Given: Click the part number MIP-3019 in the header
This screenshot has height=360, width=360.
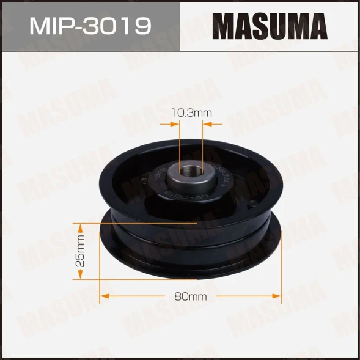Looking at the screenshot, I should (x=90, y=26).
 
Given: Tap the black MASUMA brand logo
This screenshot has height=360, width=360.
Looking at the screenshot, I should (x=270, y=26).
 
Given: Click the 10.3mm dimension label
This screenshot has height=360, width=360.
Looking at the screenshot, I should (x=191, y=112).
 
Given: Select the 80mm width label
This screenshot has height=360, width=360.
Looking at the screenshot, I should (x=191, y=296).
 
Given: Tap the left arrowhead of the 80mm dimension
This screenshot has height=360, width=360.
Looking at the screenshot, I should (x=104, y=296).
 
